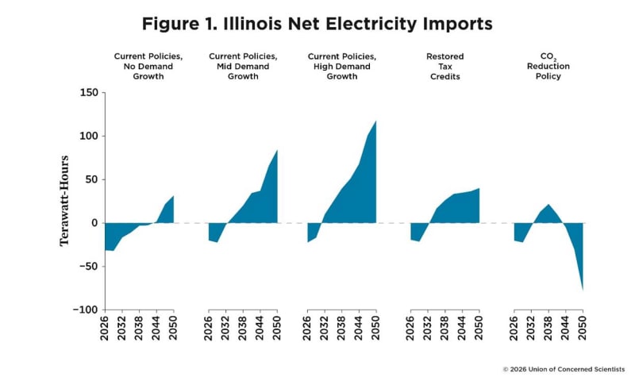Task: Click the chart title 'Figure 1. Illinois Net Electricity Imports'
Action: [317, 24]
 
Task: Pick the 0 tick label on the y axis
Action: [93, 223]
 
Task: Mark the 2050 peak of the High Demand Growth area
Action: [376, 121]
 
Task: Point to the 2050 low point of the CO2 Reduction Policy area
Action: [583, 290]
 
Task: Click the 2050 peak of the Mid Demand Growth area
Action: [277, 150]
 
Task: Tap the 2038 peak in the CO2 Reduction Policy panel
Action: [548, 205]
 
